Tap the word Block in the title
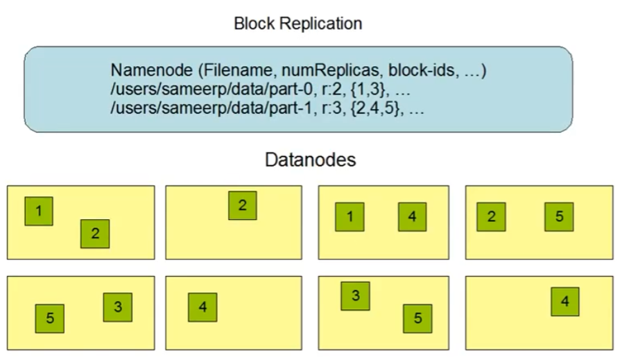[x=253, y=24]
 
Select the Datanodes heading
[x=310, y=160]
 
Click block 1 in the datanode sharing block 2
[x=39, y=211]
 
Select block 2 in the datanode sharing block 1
[x=94, y=234]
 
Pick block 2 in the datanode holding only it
[x=242, y=205]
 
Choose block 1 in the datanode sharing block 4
[x=349, y=217]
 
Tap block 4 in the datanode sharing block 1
[x=412, y=217]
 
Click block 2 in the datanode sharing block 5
[x=491, y=217]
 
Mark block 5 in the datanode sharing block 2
[x=558, y=217]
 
